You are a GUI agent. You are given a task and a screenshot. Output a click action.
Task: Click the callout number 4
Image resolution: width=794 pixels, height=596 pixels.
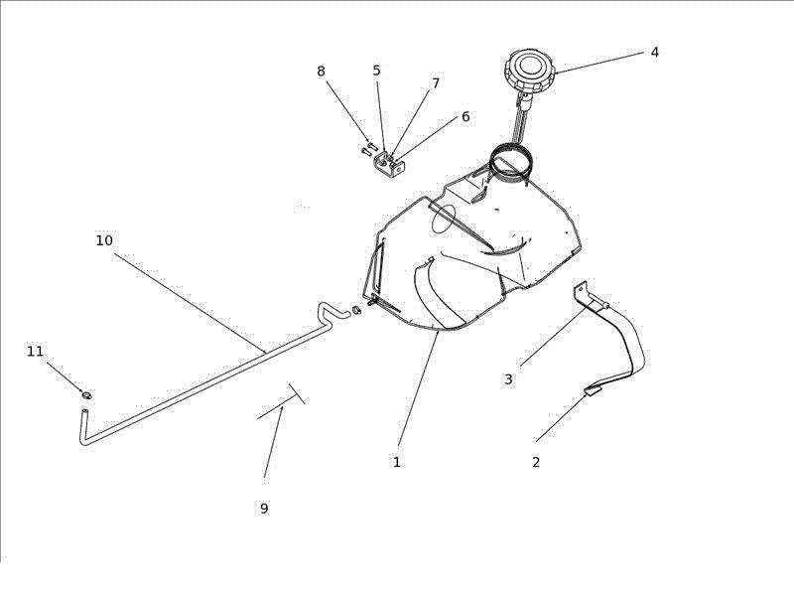[x=654, y=53]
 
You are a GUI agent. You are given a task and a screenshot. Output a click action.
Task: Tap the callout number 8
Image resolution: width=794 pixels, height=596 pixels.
[x=321, y=72]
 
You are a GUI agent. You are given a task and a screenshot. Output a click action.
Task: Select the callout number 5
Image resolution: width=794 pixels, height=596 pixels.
[x=376, y=71]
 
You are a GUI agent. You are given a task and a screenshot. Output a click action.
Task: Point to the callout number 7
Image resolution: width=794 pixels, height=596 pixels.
[x=436, y=83]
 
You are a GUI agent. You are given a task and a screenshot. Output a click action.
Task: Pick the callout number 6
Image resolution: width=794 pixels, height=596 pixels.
[x=465, y=116]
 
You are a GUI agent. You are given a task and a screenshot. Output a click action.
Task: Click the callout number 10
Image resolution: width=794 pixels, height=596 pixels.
[x=104, y=240]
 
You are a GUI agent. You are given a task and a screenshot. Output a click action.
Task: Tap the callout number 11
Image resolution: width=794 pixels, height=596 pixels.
[x=35, y=351]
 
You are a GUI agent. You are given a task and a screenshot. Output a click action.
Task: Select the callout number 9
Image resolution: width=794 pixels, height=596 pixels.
[x=264, y=508]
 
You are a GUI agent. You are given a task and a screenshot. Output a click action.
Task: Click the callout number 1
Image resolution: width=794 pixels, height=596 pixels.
[x=397, y=462]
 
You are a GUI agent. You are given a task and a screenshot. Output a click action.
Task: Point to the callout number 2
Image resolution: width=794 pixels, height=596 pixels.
[x=536, y=462]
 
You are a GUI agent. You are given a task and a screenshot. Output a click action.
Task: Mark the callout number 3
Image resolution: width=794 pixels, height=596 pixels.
[x=508, y=379]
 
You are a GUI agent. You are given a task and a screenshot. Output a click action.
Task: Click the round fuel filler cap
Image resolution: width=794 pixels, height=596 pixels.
[x=530, y=68]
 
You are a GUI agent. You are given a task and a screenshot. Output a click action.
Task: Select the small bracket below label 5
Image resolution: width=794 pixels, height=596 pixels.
[x=390, y=166]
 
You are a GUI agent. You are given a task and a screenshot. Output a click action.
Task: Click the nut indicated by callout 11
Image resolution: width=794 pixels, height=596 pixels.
[x=87, y=394]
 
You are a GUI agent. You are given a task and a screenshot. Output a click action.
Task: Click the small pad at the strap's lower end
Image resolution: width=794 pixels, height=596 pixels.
[x=593, y=390]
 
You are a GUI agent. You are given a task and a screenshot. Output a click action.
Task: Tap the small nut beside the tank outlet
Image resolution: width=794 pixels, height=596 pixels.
[x=356, y=310]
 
